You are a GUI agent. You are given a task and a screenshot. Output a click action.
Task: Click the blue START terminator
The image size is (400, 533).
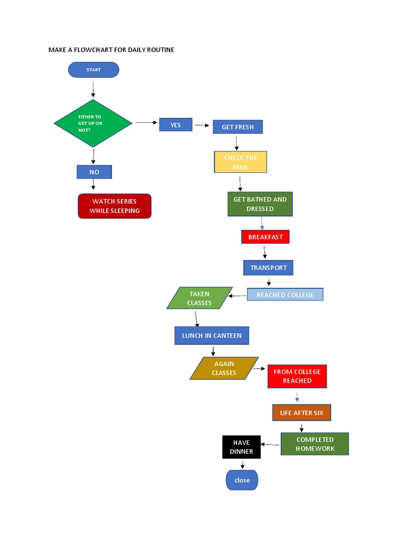[94, 70]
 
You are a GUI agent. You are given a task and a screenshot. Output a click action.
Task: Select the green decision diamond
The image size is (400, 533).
[93, 123]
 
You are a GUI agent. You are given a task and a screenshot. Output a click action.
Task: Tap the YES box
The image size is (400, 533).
[176, 125]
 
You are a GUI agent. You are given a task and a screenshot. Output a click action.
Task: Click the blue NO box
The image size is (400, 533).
[94, 172]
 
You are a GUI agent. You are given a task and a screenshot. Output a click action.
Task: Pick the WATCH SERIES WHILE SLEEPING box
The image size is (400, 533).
[115, 206]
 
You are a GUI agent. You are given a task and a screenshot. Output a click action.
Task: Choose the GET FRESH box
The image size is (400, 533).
[238, 127]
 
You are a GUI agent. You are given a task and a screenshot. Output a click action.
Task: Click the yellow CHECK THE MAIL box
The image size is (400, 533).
[241, 162]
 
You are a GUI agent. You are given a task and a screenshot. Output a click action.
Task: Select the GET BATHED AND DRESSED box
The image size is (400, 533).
[260, 204]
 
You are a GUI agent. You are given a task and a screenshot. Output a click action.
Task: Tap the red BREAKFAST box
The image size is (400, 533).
[265, 237]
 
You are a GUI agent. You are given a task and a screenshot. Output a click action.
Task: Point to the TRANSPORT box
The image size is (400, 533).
[268, 268]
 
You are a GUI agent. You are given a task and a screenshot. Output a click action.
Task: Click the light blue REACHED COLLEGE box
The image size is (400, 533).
[285, 295]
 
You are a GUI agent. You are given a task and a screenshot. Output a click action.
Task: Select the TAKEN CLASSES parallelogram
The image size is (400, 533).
[199, 298]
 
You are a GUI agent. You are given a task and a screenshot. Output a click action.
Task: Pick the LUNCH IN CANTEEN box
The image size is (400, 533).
[211, 336]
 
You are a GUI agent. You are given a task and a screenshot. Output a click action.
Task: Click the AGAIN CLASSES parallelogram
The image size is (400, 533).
[224, 368]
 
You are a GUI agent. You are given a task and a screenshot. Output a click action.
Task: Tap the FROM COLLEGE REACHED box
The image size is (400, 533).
[297, 376]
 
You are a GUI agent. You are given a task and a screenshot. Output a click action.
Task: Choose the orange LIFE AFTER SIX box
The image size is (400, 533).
[302, 413]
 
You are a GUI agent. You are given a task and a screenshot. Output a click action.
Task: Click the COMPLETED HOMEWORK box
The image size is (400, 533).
[315, 443]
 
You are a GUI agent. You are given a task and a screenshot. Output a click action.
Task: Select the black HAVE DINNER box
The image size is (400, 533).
[241, 447]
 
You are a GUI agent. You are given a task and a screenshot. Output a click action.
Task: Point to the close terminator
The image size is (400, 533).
[242, 480]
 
